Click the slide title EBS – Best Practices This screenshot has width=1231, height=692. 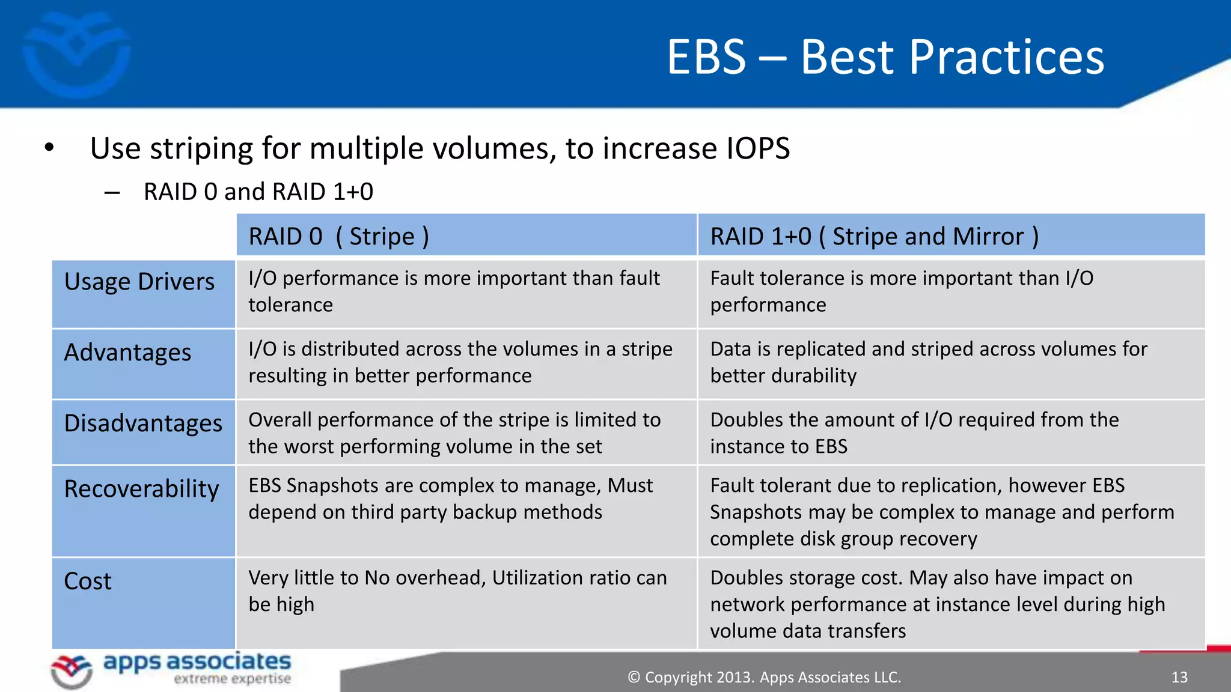[885, 57]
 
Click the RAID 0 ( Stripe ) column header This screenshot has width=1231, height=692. [338, 236]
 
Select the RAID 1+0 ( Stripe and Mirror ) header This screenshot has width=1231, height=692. [874, 236]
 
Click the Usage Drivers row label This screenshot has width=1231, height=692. [139, 282]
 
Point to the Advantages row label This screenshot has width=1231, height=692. [127, 353]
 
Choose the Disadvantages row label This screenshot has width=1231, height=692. [143, 423]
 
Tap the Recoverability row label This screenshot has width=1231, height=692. [142, 489]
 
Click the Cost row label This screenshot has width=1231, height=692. [88, 581]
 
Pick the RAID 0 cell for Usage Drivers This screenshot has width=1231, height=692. [454, 292]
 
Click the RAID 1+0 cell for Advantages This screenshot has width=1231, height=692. [928, 362]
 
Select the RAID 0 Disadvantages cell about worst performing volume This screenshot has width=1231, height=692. [454, 433]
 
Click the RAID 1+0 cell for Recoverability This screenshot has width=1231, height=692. [941, 512]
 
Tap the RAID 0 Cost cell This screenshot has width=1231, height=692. [457, 591]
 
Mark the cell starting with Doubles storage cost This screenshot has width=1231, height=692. [938, 604]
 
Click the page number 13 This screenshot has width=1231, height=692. [1179, 678]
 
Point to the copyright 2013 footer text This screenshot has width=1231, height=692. [764, 678]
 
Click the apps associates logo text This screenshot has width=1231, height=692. [197, 663]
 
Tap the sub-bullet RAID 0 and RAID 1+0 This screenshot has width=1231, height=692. [258, 192]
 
